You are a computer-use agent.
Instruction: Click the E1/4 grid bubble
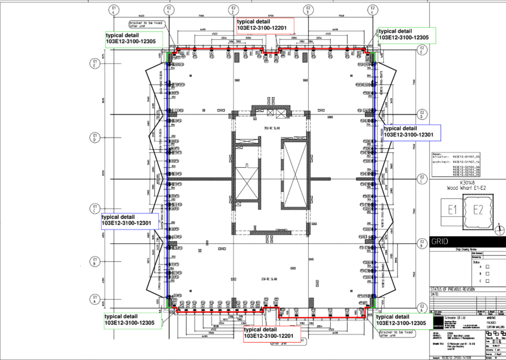(x=114, y=10)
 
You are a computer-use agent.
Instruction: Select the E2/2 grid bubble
(x=233, y=10)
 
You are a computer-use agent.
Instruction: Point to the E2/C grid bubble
(x=423, y=179)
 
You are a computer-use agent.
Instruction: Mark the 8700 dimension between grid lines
(x=271, y=16)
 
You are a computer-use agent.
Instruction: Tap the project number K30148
(x=468, y=183)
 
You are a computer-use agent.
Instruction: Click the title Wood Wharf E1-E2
(x=468, y=188)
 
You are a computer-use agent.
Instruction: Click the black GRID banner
(x=467, y=241)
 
